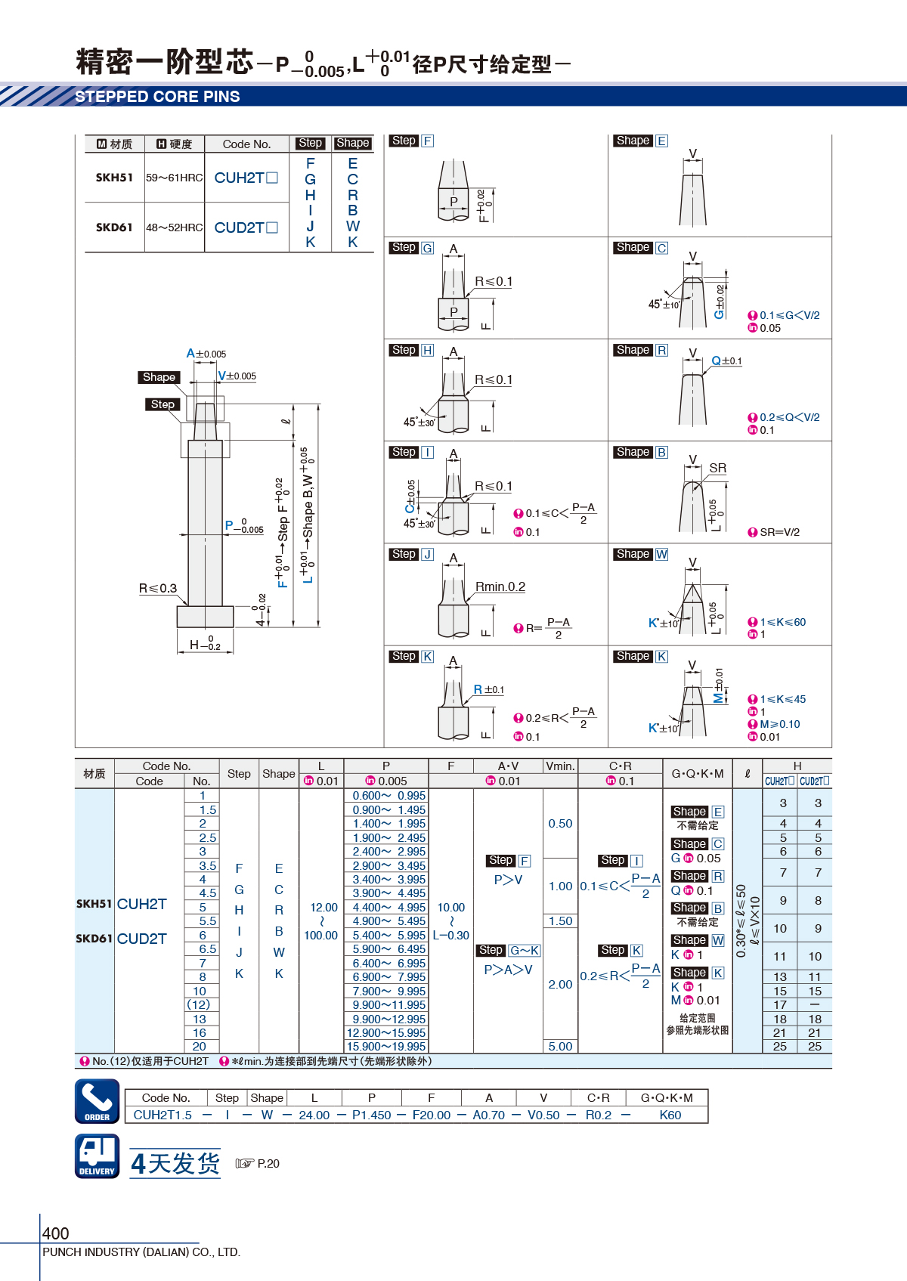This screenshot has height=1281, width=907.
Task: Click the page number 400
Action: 55,1233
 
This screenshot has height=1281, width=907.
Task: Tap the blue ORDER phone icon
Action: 98,1101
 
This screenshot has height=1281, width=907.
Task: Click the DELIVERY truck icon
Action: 98,1156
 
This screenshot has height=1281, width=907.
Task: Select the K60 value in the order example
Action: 670,1115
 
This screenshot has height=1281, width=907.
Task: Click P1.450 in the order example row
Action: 372,1115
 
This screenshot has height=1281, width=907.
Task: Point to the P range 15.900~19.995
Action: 386,1047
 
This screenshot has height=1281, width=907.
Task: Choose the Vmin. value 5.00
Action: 560,1047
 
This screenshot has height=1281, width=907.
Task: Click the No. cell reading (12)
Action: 199,1005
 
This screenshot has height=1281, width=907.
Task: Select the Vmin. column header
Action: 560,766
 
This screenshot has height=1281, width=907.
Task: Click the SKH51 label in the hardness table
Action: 114,178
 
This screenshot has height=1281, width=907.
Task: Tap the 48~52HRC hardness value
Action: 175,227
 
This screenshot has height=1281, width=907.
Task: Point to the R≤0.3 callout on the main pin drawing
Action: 158,589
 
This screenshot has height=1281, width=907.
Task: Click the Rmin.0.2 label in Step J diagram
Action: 500,586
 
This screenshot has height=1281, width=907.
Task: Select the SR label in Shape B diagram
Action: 718,468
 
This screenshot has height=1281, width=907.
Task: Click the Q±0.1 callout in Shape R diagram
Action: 726,360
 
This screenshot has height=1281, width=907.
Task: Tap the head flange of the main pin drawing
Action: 206,617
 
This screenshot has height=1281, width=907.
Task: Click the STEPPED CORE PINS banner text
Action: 157,97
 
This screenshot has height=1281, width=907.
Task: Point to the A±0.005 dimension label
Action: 206,354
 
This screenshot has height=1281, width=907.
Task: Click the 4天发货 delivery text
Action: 175,1163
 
